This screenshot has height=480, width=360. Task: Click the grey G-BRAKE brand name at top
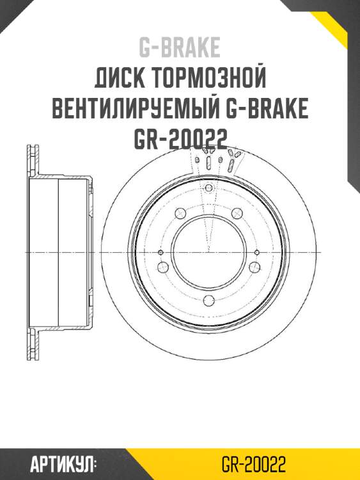coord(180,47)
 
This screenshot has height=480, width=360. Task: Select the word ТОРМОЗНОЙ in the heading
coord(209,79)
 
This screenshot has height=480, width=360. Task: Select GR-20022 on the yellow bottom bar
coord(253,464)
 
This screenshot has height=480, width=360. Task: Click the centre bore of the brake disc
coord(208,252)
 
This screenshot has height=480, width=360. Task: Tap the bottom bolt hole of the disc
coord(208,302)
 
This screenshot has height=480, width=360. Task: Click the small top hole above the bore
coord(208,188)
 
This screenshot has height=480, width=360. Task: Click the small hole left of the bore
coord(160,252)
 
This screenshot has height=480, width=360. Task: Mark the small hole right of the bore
coord(256,252)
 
